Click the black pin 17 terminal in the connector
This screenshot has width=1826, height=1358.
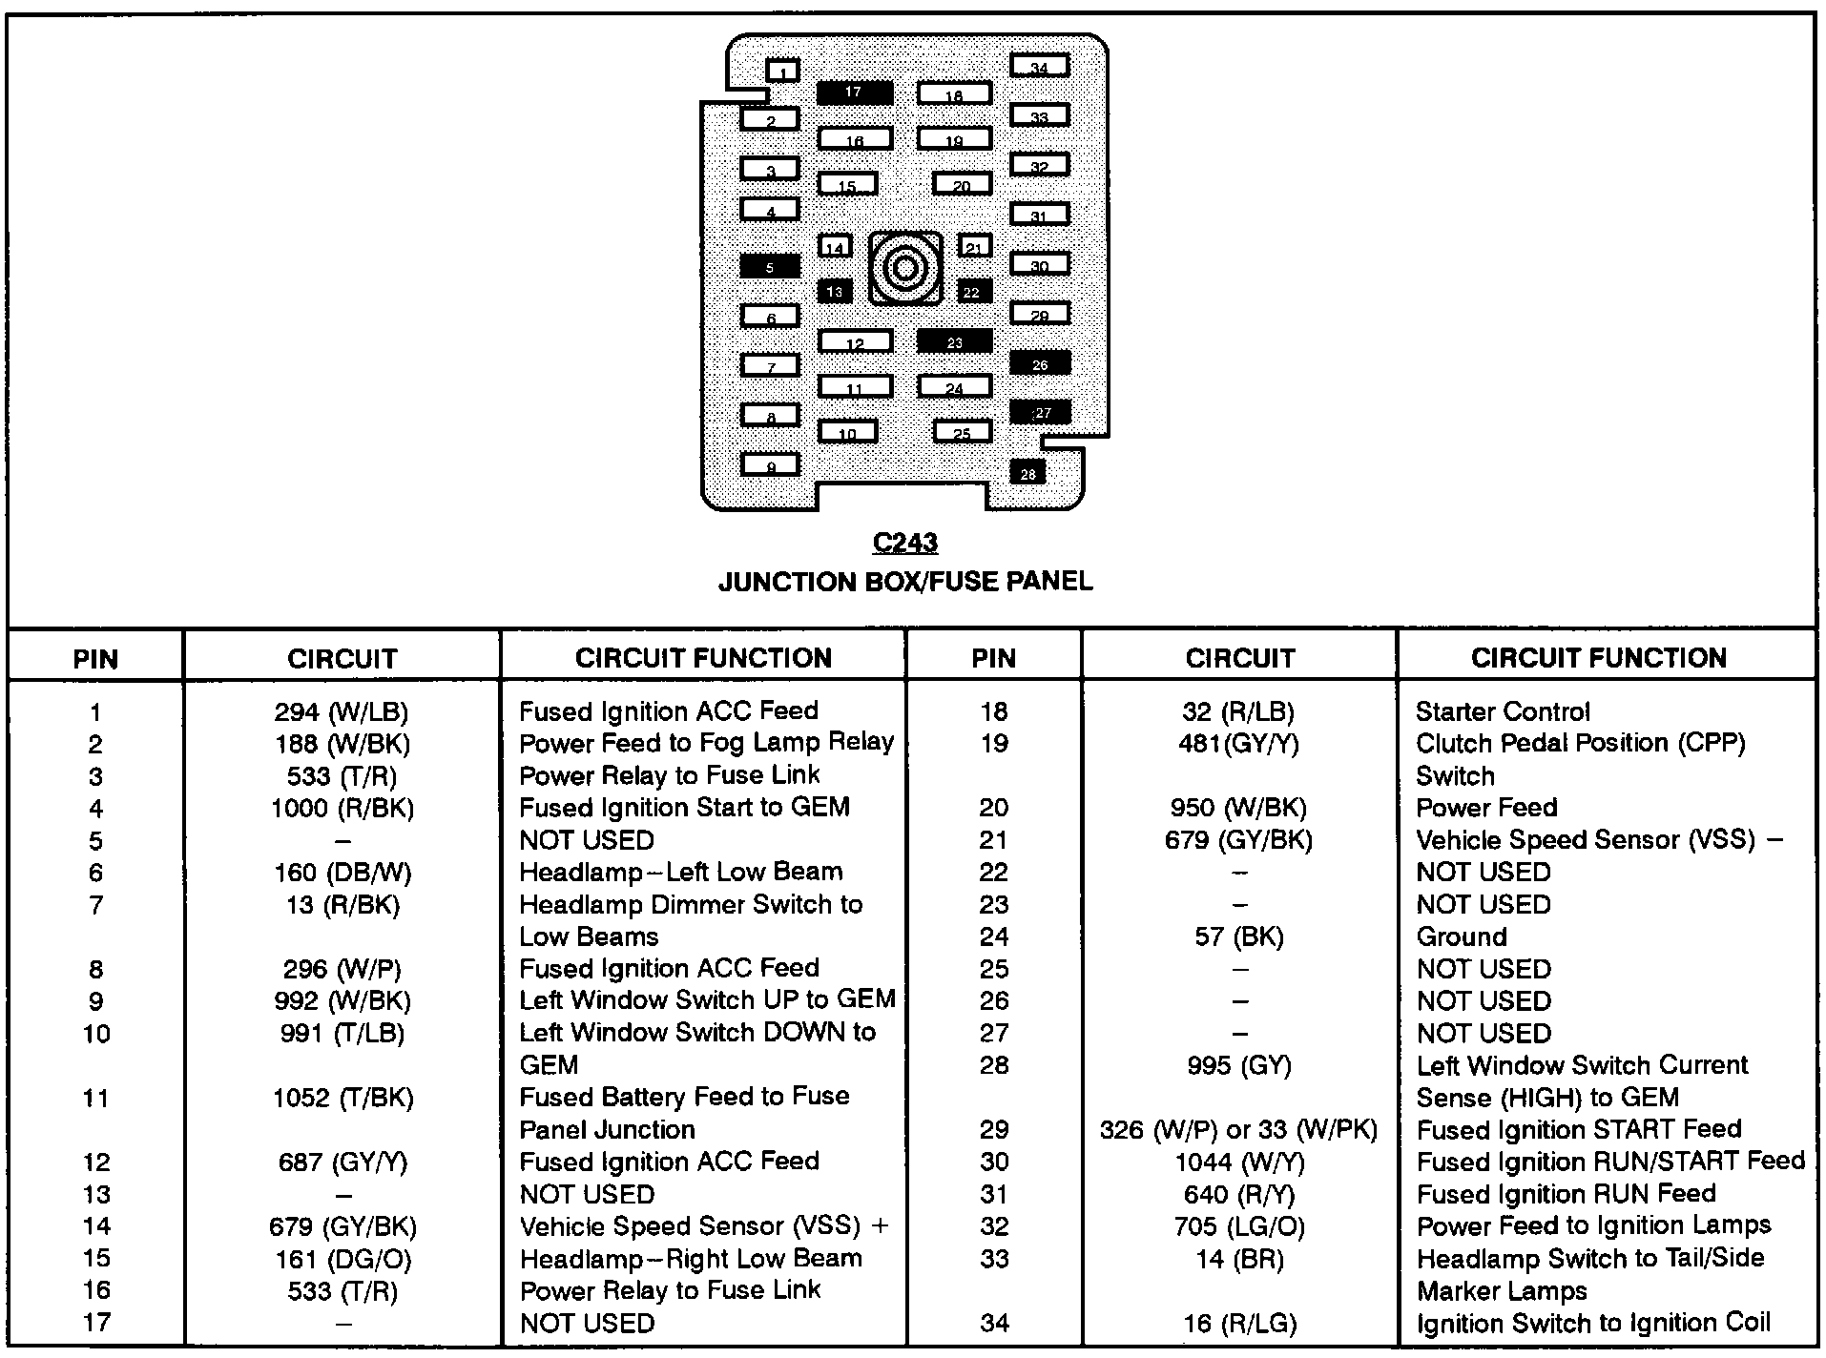pyautogui.click(x=854, y=93)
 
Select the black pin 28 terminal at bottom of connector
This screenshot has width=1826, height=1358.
pyautogui.click(x=1027, y=473)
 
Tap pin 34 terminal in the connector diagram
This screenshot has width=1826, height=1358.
pyautogui.click(x=1039, y=66)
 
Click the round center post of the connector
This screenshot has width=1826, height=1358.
pyautogui.click(x=904, y=268)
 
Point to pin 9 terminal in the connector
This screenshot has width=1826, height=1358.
pyautogui.click(x=770, y=465)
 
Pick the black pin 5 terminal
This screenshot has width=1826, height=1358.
pyautogui.click(x=769, y=267)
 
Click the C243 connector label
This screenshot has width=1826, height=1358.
pyautogui.click(x=904, y=543)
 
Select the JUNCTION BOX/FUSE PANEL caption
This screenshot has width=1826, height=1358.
pyautogui.click(x=904, y=582)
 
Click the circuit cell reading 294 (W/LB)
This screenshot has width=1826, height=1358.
pyautogui.click(x=341, y=711)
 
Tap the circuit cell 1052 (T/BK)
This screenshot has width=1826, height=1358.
pyautogui.click(x=342, y=1098)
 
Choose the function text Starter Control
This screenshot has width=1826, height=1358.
pyautogui.click(x=1502, y=711)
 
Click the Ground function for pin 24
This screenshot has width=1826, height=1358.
pyautogui.click(x=1461, y=936)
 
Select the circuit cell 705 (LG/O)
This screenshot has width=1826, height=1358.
pyautogui.click(x=1239, y=1226)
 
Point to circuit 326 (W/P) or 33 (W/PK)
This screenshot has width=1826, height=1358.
pyautogui.click(x=1238, y=1130)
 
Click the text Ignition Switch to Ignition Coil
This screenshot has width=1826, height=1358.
pyautogui.click(x=1592, y=1323)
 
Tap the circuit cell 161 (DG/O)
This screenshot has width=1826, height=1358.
pyautogui.click(x=342, y=1259)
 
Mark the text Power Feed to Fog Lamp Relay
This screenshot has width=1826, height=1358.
pyautogui.click(x=706, y=742)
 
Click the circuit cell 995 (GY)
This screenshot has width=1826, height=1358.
pyautogui.click(x=1239, y=1065)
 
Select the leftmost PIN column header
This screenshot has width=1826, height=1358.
pyautogui.click(x=95, y=658)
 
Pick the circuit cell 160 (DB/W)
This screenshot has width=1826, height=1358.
pyautogui.click(x=342, y=873)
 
